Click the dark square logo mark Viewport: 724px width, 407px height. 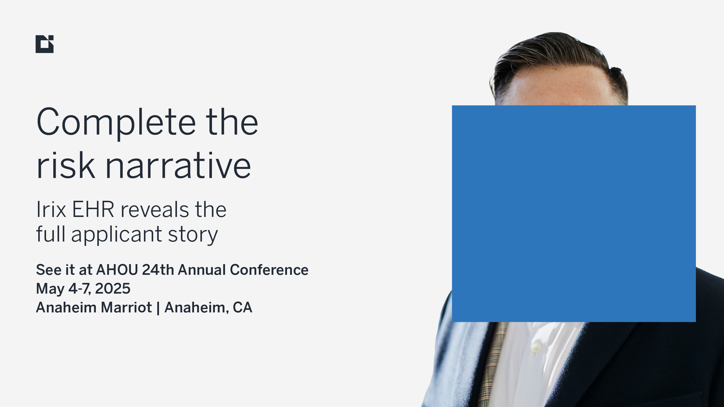point(45,44)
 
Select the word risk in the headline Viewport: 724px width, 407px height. point(66,165)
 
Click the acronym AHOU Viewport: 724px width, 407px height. point(117,270)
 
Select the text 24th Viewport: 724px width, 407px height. point(158,270)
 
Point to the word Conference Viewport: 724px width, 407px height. point(269,270)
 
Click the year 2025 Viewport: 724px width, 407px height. point(113,288)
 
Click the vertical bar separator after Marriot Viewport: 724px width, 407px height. point(158,308)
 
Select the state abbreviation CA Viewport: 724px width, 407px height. point(242,307)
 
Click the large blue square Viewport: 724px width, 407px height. point(574,213)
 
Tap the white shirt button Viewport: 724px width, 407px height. point(536,347)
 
